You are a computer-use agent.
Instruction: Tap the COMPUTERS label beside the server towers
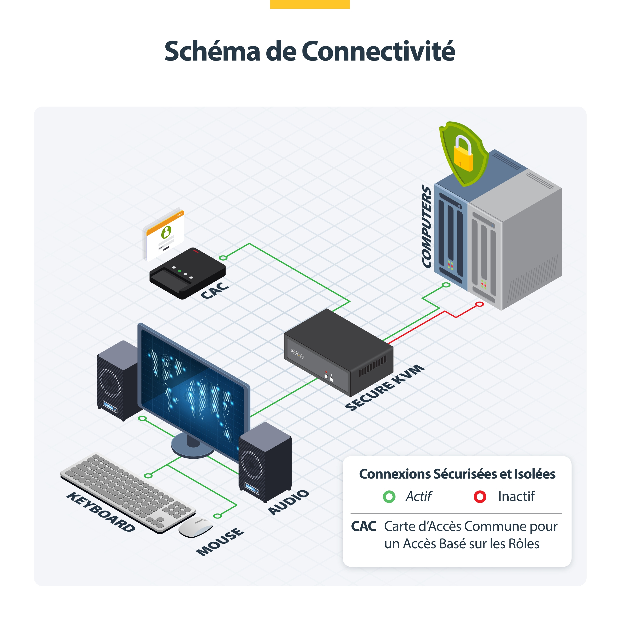tap(426, 226)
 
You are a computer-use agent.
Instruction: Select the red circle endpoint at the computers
tap(480, 304)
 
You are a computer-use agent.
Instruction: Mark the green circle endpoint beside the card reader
tap(223, 258)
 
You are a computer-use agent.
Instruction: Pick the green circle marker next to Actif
tap(389, 496)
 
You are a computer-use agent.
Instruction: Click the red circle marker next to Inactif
tap(480, 496)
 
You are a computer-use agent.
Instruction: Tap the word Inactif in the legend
tap(516, 496)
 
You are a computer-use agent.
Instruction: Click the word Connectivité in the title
tap(378, 51)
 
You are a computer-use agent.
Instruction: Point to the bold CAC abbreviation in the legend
tap(364, 526)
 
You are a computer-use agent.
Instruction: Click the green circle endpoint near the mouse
tap(217, 516)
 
